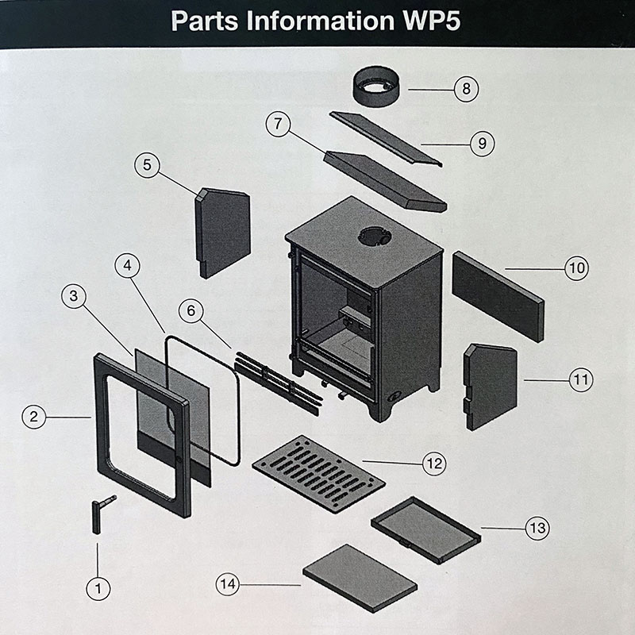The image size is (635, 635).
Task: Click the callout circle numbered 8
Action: tap(467, 89)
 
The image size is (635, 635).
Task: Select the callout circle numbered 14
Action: tap(228, 584)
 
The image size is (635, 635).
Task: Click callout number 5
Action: tap(147, 166)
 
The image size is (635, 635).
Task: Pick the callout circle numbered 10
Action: tap(576, 268)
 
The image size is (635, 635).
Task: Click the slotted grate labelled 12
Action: tap(317, 473)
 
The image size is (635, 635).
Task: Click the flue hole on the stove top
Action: tap(373, 235)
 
